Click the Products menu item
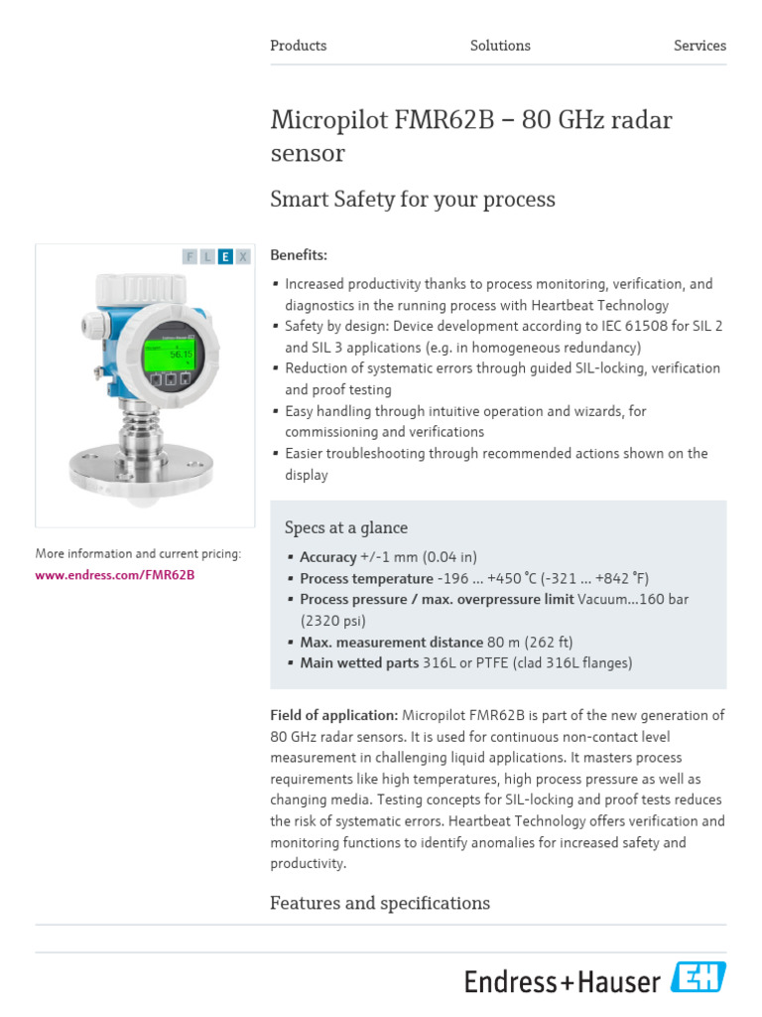[298, 46]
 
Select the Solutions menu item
[500, 46]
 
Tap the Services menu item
[699, 46]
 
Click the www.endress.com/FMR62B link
[115, 575]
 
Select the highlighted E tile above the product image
[225, 256]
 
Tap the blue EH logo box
[698, 977]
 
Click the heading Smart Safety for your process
[413, 200]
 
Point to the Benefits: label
[299, 255]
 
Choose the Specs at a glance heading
[346, 528]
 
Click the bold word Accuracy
[327, 557]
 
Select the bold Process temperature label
[366, 579]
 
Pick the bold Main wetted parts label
[359, 663]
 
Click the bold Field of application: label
[334, 715]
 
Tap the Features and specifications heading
[380, 903]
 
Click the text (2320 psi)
[332, 621]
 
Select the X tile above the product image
[243, 256]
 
